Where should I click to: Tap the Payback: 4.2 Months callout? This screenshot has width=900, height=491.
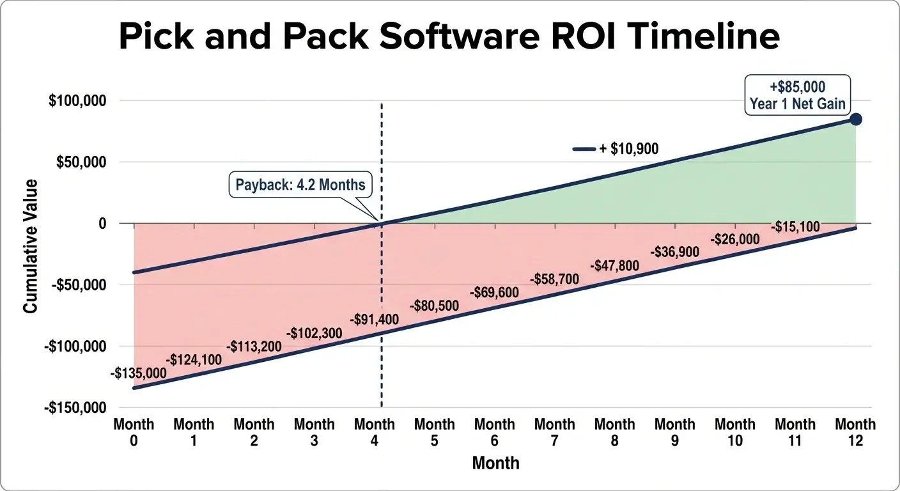tap(300, 185)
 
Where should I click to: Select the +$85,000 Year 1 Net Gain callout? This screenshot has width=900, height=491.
tap(797, 95)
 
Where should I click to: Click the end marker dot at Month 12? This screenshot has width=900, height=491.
tap(855, 120)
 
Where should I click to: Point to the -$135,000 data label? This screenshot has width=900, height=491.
tap(139, 373)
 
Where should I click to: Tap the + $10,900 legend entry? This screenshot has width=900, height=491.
tap(616, 149)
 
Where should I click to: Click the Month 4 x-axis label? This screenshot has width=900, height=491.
tap(375, 432)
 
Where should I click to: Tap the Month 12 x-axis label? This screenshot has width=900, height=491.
tap(855, 432)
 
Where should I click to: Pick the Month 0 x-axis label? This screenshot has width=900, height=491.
tap(134, 432)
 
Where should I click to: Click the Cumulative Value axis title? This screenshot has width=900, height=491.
tap(30, 246)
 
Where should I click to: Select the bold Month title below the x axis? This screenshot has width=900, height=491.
tap(495, 463)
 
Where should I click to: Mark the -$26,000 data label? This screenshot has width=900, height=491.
tap(735, 240)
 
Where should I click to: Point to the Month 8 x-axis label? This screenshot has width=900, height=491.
tap(614, 432)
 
